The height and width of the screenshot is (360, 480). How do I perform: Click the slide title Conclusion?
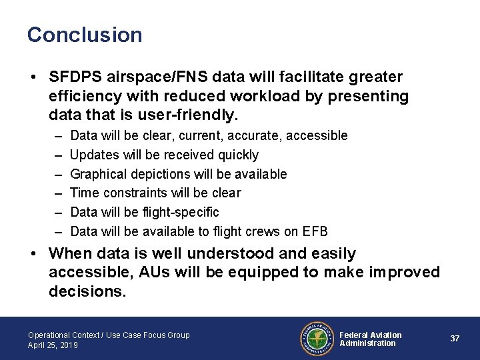coord(85,35)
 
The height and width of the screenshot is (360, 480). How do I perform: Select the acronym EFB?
coord(315,231)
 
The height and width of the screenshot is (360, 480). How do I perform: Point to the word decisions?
coord(87,291)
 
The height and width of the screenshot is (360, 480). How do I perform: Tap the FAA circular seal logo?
coord(317,339)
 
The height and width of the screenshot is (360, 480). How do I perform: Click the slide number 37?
coord(455,339)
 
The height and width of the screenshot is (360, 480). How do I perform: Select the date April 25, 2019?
coord(53,345)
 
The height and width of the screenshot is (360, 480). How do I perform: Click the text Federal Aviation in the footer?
coord(371,335)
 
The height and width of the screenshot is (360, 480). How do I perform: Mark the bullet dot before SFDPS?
coord(33,78)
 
